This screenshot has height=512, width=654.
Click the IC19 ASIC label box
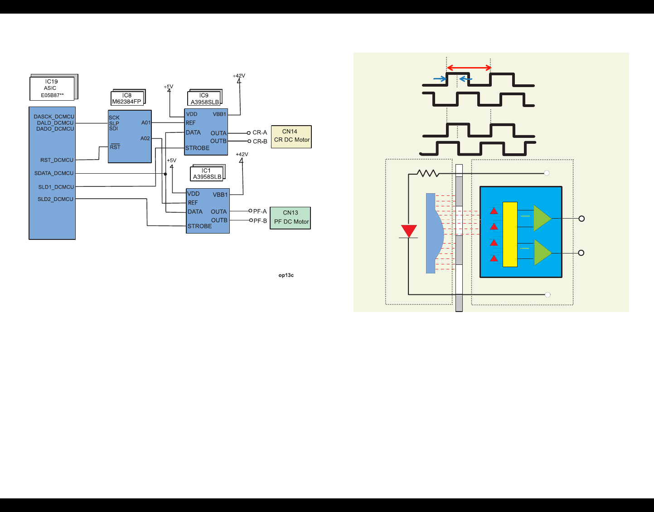coord(52,88)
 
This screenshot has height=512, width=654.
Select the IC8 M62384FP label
coord(127,98)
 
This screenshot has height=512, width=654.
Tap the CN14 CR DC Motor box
coord(291,136)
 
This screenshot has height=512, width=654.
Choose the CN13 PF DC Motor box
coord(291,218)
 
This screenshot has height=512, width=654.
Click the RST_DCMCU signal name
coord(57,160)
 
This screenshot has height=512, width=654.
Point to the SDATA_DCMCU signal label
coord(54,173)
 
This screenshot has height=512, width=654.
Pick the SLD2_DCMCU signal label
coord(55,199)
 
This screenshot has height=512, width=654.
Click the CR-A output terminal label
coord(260,133)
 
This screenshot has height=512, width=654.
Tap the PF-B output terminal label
coord(260,221)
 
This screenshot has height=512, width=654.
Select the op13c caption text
coord(286,275)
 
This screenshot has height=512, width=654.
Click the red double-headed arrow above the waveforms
coord(469,68)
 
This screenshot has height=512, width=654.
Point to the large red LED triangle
coord(409,231)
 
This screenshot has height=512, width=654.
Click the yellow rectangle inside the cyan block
coord(510,234)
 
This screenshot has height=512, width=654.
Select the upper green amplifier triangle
coord(542,219)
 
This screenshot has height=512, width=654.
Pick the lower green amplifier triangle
coord(542,253)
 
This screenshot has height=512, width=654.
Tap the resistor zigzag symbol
coord(427,173)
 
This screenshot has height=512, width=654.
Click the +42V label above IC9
coord(239,76)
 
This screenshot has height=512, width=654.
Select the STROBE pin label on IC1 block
coord(200,226)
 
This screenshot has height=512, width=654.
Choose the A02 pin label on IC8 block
coord(145,138)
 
